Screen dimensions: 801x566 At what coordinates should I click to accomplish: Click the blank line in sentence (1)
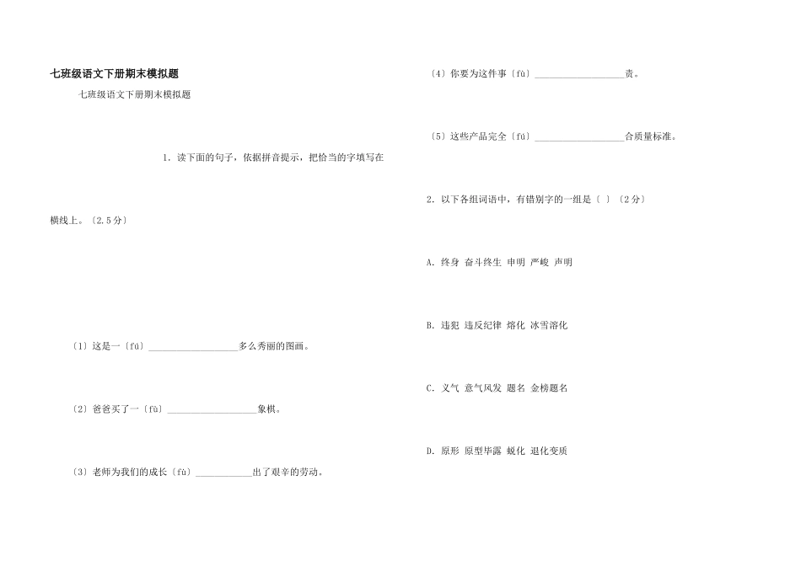(193, 347)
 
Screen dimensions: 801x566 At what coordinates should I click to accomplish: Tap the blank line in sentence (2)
(212, 410)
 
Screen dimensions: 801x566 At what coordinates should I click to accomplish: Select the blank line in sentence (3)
(223, 473)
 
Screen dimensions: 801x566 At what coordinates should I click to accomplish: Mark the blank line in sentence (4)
(579, 75)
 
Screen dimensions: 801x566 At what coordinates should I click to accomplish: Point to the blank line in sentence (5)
(579, 137)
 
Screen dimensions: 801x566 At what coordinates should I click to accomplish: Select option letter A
(431, 263)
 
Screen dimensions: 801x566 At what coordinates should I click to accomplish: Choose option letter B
(431, 325)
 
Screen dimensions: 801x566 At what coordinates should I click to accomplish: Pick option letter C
(431, 388)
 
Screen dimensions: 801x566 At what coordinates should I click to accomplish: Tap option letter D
(431, 451)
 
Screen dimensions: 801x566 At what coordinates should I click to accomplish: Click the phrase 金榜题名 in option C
(549, 388)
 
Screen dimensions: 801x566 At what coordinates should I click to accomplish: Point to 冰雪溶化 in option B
(549, 325)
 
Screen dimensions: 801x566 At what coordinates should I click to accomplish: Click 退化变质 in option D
(549, 451)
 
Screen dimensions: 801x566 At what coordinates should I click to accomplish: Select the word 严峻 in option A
(540, 263)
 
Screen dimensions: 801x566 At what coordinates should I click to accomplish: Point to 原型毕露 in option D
(483, 451)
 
